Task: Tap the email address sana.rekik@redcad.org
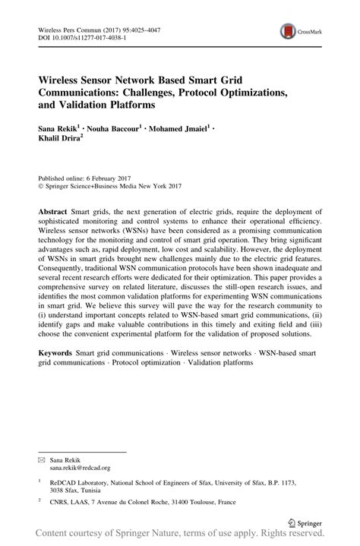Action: click(80, 447)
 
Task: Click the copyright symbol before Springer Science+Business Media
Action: click(41, 184)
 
